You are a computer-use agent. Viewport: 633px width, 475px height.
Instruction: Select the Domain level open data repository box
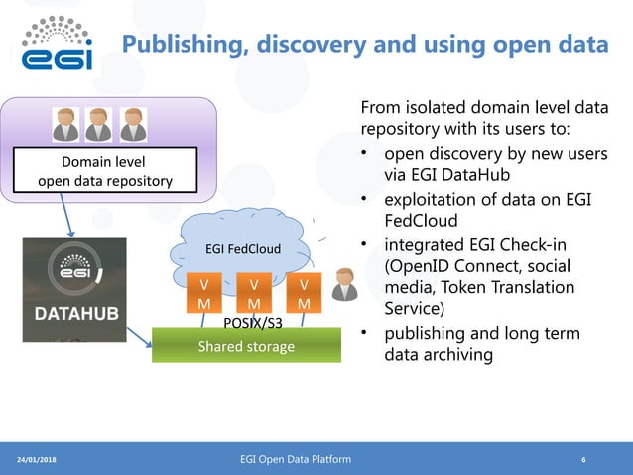(x=104, y=170)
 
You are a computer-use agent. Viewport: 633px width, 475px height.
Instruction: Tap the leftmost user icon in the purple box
(x=66, y=124)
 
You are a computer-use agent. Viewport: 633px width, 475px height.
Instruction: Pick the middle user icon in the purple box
(x=99, y=124)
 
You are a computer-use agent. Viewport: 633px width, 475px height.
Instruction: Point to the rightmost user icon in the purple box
(x=132, y=124)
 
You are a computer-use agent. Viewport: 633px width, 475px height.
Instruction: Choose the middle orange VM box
(x=254, y=293)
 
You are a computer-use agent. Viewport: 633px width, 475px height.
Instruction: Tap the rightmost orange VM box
(x=303, y=293)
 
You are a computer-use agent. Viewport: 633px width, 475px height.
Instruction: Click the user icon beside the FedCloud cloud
(x=344, y=285)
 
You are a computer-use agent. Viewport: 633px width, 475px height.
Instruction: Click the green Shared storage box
(x=246, y=346)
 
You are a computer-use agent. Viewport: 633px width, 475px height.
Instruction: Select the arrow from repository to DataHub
(x=64, y=215)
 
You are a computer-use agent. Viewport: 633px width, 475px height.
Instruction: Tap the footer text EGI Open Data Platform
(x=296, y=459)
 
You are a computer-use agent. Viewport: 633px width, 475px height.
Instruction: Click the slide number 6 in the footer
(x=583, y=460)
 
